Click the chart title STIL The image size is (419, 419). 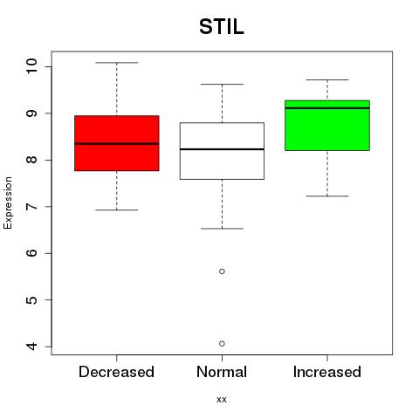point(222,27)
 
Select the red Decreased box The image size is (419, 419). point(117,143)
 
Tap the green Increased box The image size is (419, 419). point(327,126)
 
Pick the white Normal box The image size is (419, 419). point(222,151)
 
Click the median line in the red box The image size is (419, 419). point(117,144)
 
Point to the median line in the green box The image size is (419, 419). point(327,108)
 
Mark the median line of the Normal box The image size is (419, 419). point(222,149)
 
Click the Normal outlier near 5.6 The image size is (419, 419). point(222,271)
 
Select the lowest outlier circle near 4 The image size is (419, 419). point(222,344)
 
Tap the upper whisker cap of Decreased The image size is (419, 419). point(117,63)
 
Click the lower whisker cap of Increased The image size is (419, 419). point(327,196)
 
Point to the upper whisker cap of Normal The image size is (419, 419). point(222,85)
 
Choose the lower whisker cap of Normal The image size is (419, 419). point(222,229)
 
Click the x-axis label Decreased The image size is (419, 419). point(116,372)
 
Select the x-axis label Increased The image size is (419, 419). point(327,372)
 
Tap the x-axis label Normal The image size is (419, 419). point(222,372)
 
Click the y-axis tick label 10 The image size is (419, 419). point(31,66)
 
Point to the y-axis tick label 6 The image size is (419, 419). point(31,252)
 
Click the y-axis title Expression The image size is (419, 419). point(8,203)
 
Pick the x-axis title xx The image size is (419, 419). point(222,400)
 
